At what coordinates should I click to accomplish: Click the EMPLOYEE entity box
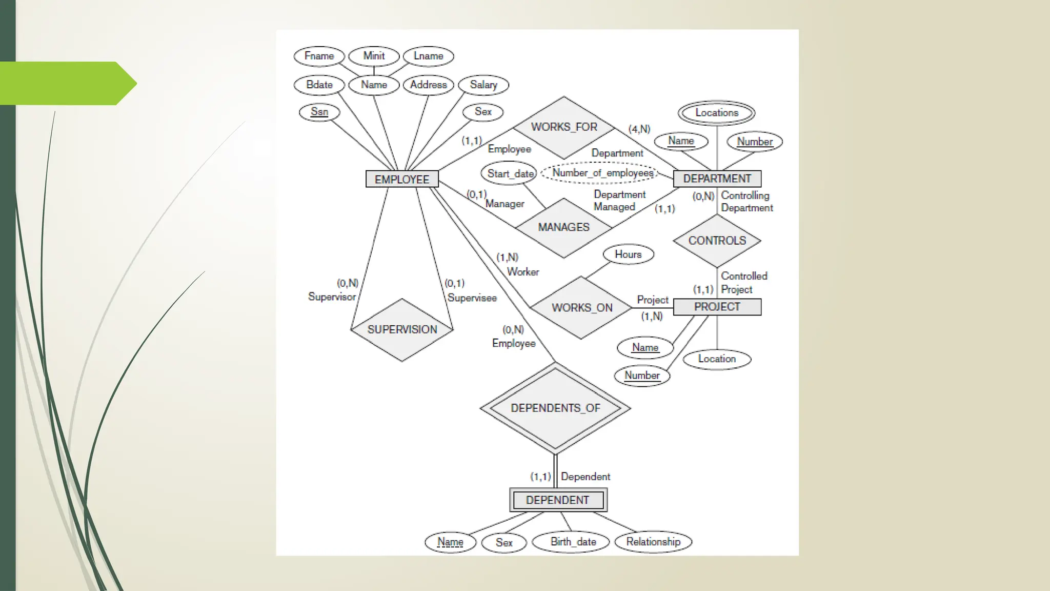[x=402, y=179]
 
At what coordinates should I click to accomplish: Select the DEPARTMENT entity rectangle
[x=717, y=179]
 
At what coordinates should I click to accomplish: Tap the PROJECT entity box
[x=717, y=307]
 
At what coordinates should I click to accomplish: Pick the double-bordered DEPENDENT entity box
[x=558, y=500]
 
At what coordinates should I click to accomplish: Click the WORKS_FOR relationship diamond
[x=564, y=127]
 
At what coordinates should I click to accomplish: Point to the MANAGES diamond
[x=563, y=227]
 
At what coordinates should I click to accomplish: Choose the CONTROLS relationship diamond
[x=717, y=241]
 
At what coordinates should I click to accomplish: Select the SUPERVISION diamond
[x=402, y=329]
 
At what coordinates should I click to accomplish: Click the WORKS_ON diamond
[x=581, y=308]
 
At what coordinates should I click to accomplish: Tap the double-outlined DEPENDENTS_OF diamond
[x=555, y=408]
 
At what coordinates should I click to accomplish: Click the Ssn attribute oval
[x=319, y=112]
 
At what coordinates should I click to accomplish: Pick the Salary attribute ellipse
[x=483, y=85]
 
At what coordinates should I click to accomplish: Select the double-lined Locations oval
[x=716, y=113]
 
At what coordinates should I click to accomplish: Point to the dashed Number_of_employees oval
[x=602, y=173]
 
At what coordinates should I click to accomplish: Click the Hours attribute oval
[x=628, y=254]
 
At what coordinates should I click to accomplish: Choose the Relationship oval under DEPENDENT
[x=653, y=542]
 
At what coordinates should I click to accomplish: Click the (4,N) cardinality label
[x=639, y=129]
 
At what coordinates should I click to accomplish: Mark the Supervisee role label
[x=472, y=298]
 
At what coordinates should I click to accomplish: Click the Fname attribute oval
[x=319, y=56]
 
